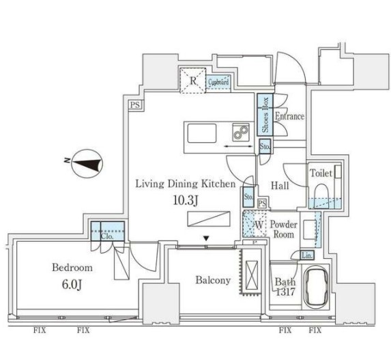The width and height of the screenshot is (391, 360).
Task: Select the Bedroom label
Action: tap(72, 267)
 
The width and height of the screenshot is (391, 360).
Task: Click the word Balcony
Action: tap(213, 280)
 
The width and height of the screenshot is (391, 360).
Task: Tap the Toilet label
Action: tap(321, 174)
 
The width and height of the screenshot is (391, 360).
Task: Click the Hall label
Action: tap(280, 185)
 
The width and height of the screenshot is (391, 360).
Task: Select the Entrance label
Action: tap(289, 116)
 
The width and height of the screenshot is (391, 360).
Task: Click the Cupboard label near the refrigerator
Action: tap(218, 83)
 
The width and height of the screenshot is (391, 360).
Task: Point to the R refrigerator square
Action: tap(193, 81)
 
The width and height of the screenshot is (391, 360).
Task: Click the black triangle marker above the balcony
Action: tap(205, 238)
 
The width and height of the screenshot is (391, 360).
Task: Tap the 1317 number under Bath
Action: tap(284, 292)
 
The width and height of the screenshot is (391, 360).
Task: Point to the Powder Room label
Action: tap(283, 229)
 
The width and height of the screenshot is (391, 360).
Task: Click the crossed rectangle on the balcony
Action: tap(250, 275)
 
